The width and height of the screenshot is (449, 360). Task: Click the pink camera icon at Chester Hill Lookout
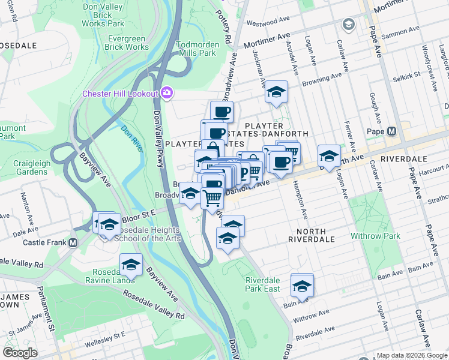coord(167,93)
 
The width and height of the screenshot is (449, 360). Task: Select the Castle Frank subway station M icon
coord(73,243)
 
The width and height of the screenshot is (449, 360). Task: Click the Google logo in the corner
coord(20,353)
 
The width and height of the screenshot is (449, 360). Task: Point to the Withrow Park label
coord(376,236)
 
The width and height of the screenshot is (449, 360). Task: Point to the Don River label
coord(133,138)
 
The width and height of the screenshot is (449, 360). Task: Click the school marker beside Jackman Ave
coord(276,92)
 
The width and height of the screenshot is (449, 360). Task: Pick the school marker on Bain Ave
coord(302,285)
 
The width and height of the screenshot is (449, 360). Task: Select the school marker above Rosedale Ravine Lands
coord(131,264)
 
